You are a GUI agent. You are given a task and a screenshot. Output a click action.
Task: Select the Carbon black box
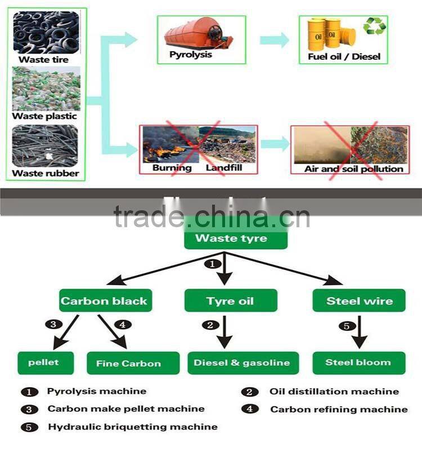click(x=104, y=300)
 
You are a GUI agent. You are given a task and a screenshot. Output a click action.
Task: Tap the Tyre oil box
click(x=231, y=300)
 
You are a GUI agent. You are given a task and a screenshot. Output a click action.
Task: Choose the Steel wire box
click(x=359, y=300)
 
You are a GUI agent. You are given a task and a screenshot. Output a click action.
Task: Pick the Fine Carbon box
click(x=133, y=363)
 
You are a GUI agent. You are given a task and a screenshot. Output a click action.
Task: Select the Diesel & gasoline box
click(x=242, y=362)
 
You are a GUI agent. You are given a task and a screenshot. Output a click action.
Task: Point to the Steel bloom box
click(x=358, y=362)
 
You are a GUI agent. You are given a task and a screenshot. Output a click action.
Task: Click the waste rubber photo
click(x=46, y=146)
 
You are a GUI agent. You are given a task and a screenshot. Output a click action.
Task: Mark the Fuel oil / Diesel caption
click(x=344, y=56)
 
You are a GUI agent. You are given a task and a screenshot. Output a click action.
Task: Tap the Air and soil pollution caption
click(x=354, y=169)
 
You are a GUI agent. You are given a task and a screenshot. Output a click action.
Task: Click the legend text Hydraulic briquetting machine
click(x=132, y=427)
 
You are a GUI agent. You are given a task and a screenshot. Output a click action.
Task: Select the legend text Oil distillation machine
click(x=334, y=391)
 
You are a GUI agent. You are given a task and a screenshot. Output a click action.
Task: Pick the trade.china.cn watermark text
click(x=212, y=216)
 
